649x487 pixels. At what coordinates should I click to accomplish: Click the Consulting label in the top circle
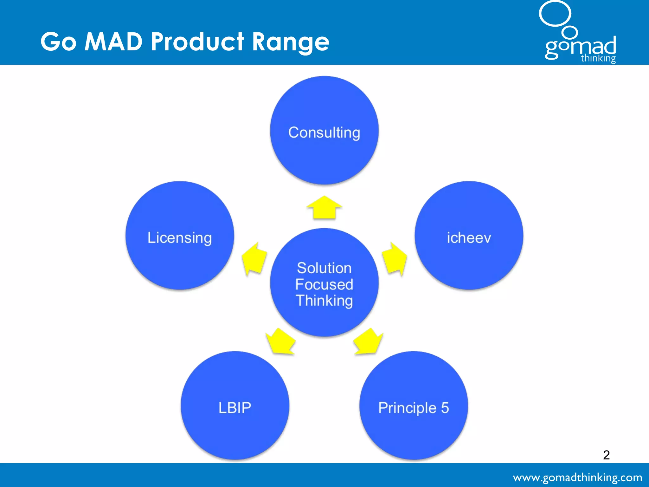point(324,133)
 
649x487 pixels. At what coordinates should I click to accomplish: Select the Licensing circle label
point(180,238)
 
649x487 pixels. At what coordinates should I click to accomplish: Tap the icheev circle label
point(469,238)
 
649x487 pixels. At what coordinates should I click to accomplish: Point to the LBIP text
point(235,408)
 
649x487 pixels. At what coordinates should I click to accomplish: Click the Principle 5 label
point(414,408)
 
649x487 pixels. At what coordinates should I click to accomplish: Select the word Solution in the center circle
point(324,268)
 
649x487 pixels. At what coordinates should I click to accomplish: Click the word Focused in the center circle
point(324,284)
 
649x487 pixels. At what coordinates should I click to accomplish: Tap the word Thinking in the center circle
point(324,301)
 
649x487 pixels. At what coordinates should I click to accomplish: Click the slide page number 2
point(606,455)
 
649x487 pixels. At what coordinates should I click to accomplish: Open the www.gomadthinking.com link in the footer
point(577,477)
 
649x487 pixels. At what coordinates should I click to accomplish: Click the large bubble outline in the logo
point(555,13)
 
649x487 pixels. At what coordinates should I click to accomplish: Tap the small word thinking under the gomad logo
point(598,59)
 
